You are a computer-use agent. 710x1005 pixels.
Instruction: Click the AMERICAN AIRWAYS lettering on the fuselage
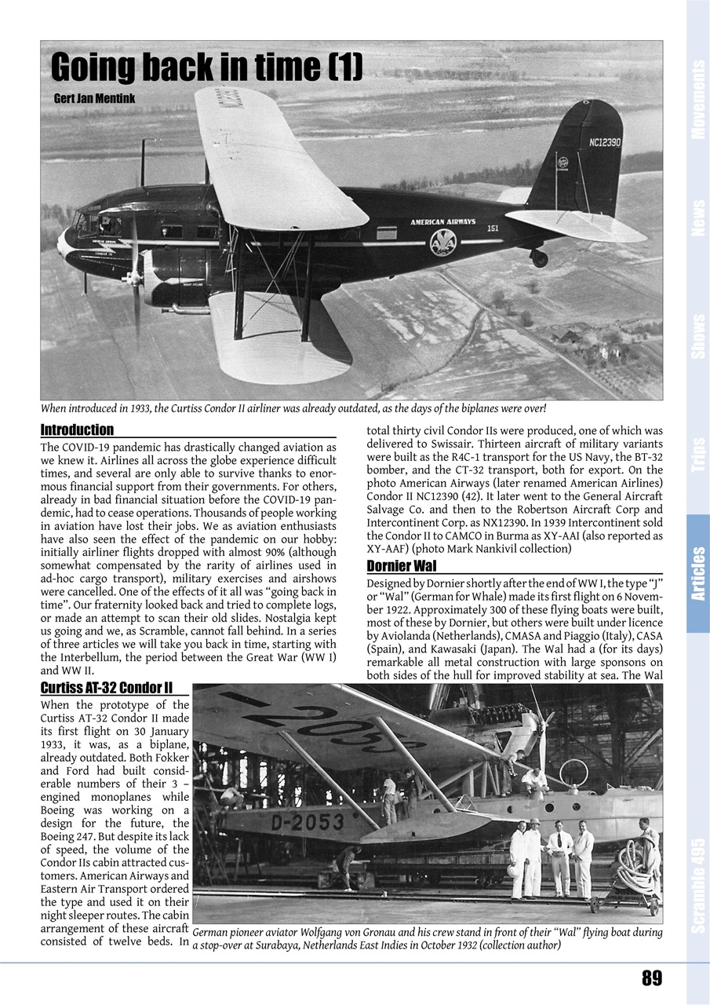click(442, 222)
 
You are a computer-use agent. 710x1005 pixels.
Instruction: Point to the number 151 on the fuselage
click(492, 228)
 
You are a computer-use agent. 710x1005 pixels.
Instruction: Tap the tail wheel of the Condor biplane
click(539, 258)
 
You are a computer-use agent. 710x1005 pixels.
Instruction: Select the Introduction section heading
click(77, 429)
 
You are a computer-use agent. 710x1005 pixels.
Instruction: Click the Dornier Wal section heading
click(402, 566)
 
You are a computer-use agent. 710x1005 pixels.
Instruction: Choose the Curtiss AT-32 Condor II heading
click(106, 689)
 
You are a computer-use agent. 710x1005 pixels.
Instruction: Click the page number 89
click(651, 978)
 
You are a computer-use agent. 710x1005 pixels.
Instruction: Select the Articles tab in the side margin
click(697, 573)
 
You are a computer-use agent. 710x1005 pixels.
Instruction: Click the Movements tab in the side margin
click(697, 100)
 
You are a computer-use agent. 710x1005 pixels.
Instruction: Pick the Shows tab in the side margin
click(697, 336)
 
